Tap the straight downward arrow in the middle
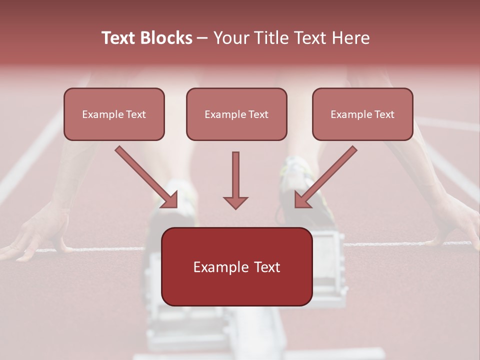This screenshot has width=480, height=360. click(x=235, y=180)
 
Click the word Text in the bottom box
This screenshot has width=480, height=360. click(x=266, y=267)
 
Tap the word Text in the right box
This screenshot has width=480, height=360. click(x=384, y=114)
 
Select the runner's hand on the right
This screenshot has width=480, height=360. click(x=457, y=220)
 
